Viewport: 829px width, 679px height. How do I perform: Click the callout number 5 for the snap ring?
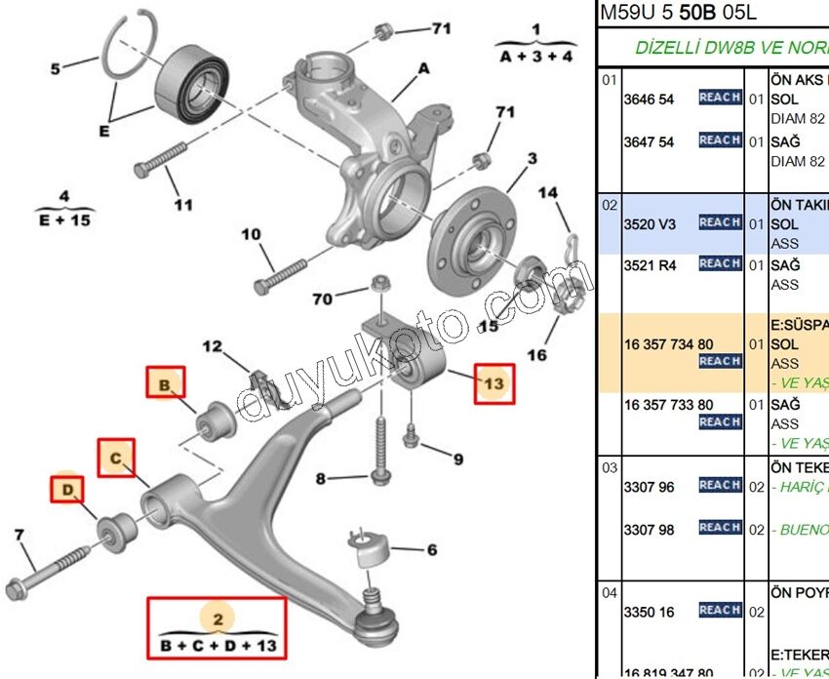56,68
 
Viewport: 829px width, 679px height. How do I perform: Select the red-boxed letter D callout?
67,489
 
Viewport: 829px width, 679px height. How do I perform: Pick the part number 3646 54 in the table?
649,100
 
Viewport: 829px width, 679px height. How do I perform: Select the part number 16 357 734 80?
668,344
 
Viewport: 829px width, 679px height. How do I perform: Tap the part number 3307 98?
649,530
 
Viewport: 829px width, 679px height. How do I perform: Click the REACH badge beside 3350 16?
720,611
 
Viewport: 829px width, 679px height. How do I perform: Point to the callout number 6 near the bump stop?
431,550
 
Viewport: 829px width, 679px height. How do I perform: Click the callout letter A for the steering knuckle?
424,68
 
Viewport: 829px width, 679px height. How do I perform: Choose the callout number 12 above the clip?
213,346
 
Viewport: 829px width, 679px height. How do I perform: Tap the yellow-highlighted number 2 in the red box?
217,618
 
